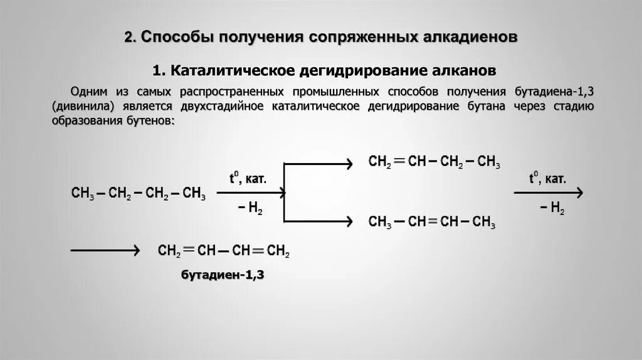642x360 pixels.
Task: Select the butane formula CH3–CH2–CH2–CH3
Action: (x=139, y=193)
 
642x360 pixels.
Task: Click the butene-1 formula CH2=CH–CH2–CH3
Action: (x=434, y=162)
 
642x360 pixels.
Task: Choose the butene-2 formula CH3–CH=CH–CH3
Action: (x=432, y=222)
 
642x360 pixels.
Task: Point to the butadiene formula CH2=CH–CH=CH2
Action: (x=223, y=251)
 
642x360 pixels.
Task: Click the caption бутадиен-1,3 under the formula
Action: (x=223, y=275)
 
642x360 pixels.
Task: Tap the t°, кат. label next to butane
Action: (x=247, y=179)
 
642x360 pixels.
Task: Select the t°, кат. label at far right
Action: (x=547, y=179)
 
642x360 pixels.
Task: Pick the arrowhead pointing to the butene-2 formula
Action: (x=346, y=221)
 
